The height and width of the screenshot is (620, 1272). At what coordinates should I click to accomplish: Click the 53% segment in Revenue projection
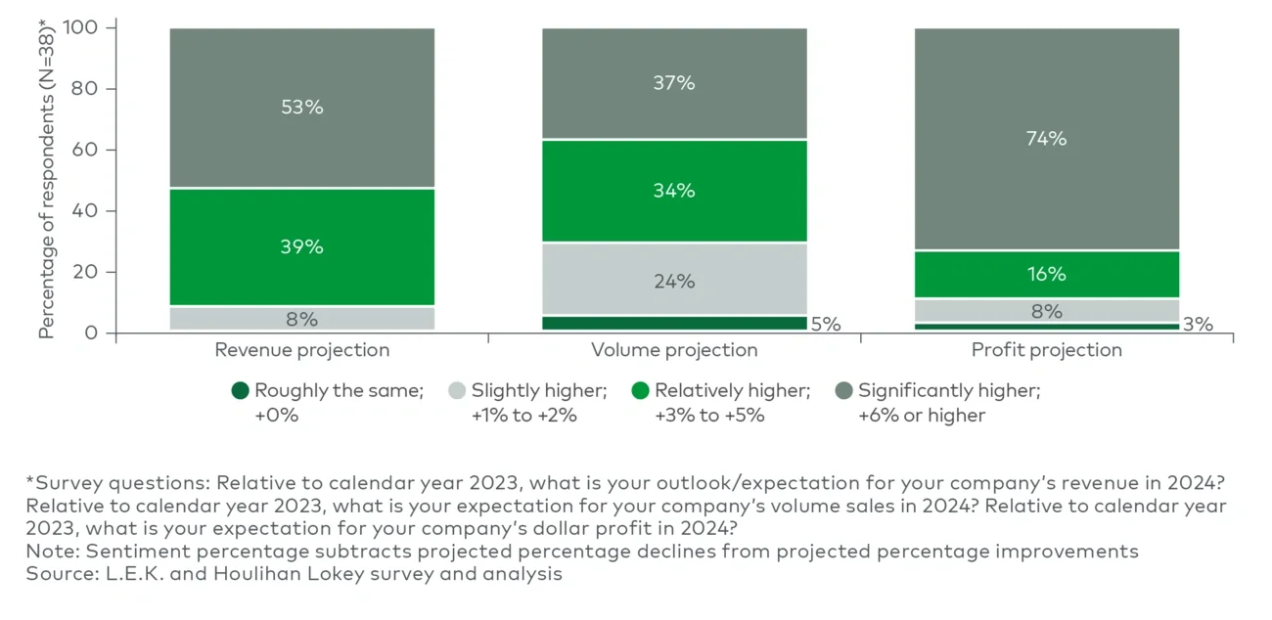point(301,108)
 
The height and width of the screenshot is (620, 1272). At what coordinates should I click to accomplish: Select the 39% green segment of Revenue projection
point(301,246)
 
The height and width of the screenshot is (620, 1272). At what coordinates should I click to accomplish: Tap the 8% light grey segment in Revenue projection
point(301,319)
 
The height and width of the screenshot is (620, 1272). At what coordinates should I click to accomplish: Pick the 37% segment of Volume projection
point(674,84)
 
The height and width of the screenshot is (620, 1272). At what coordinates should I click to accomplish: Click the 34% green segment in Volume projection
point(674,191)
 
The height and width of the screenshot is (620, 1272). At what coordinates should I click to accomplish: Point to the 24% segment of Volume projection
point(674,282)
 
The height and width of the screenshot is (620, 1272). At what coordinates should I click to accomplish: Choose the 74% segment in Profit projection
point(1046,139)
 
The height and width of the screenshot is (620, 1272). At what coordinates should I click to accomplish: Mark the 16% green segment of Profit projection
point(1046,275)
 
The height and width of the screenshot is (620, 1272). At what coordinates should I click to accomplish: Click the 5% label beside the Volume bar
point(826,325)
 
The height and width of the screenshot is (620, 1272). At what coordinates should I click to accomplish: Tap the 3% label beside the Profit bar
point(1198,325)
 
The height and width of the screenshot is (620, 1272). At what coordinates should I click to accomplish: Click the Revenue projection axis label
point(301,350)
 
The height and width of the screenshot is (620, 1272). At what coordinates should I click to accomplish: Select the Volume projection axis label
point(674,350)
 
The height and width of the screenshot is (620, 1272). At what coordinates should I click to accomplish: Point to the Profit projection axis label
point(1046,350)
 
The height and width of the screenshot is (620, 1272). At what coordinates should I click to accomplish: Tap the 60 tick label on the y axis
point(87,150)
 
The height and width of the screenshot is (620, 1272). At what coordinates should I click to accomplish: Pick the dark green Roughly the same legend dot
point(240,391)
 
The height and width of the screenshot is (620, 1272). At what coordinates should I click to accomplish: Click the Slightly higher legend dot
point(456,391)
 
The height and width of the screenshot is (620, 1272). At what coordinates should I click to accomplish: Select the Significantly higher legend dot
point(842,391)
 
